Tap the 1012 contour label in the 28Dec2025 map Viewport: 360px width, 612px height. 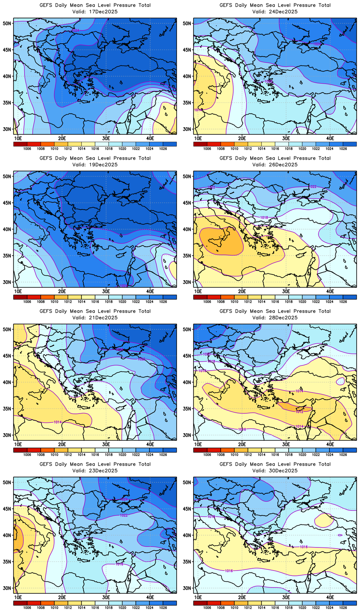point(300,412)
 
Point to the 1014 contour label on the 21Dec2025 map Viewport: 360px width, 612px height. point(58,422)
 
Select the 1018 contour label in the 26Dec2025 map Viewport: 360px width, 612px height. point(264,218)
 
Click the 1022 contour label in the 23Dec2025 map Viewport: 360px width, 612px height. point(124,515)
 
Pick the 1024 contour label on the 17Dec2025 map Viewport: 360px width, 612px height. point(75,30)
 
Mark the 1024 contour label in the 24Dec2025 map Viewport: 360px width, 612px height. point(317,44)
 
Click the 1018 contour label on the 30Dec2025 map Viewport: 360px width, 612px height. point(211,516)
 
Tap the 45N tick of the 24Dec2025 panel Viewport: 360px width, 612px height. point(187,50)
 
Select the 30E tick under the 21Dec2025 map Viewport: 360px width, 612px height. point(106,444)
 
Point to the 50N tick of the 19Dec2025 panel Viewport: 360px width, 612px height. point(7,177)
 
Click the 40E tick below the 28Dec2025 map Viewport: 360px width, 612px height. point(330,444)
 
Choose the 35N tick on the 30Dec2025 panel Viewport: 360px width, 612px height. point(187,562)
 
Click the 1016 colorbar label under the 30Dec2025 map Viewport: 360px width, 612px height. point(275,608)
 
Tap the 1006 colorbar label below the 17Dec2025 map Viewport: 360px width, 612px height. point(27,149)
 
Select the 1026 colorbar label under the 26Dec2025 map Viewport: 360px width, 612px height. point(343,302)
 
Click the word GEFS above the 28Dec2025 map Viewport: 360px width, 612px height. point(226,311)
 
